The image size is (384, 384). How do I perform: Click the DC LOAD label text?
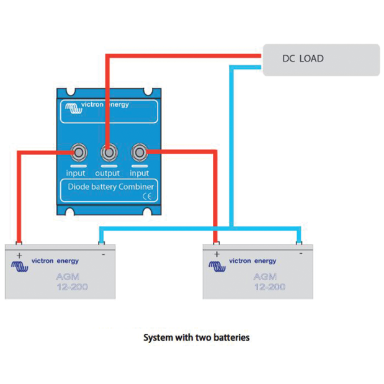(303, 58)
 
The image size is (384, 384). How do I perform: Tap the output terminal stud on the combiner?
(109, 153)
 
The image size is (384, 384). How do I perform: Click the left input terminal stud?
(79, 153)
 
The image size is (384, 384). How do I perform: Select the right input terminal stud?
(140, 153)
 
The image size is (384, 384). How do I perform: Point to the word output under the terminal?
(107, 173)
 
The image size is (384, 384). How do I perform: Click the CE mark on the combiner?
(147, 197)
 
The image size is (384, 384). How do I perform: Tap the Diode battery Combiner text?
(110, 187)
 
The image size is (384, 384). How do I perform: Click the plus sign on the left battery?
(19, 256)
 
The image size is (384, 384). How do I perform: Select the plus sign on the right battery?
(217, 254)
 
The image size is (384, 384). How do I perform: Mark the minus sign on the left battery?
(104, 255)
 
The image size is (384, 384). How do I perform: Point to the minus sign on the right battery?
(301, 254)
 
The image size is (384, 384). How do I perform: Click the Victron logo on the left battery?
(20, 266)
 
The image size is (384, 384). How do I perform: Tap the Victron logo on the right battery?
(217, 266)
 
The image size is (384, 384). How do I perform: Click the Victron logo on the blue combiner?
(74, 108)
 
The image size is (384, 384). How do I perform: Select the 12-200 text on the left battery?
(72, 287)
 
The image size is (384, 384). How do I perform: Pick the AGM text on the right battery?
(266, 277)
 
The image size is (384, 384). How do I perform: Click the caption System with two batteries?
(197, 337)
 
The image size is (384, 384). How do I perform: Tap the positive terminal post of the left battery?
(19, 243)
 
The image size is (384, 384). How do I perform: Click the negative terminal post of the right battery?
(299, 243)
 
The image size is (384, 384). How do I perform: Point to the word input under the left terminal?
(76, 173)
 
